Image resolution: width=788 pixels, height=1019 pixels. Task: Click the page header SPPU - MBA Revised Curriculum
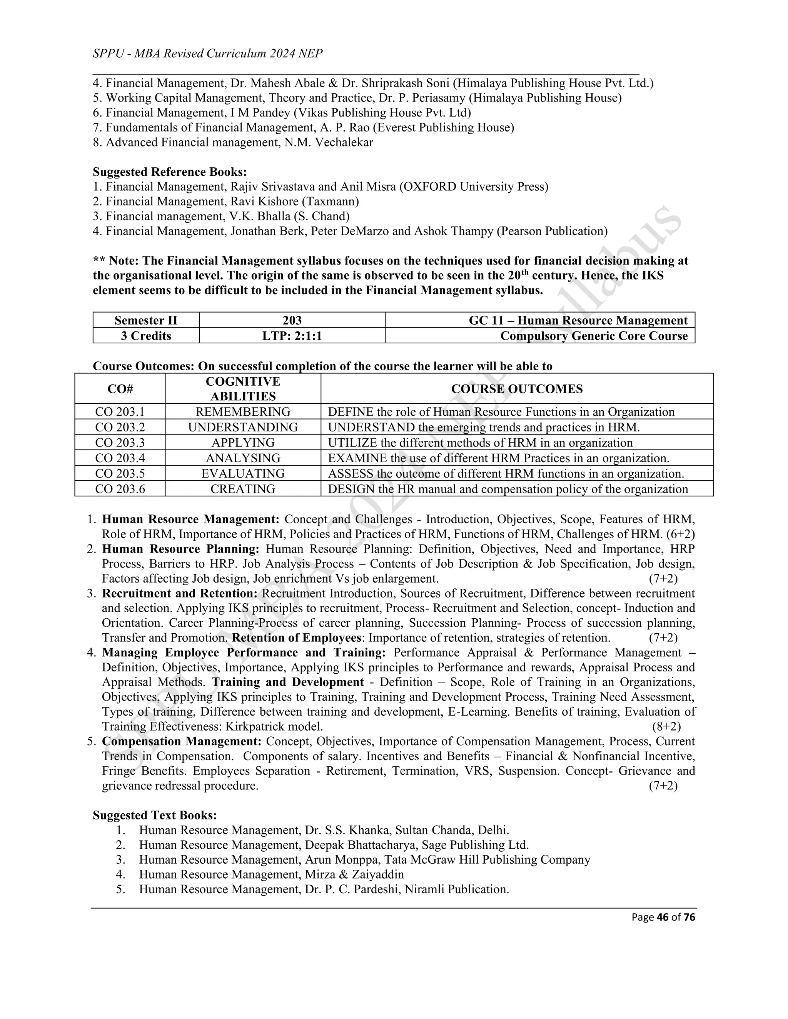pos(207,54)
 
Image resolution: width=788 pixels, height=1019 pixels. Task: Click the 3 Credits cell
pos(146,336)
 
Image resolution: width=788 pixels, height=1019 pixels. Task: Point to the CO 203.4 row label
pos(120,458)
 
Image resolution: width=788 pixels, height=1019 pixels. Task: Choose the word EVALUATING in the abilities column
pos(243,474)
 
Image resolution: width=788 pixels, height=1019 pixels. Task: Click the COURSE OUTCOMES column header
pos(517,389)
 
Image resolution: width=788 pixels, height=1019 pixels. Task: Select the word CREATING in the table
pos(243,489)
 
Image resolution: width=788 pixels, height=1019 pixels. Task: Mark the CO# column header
pos(120,389)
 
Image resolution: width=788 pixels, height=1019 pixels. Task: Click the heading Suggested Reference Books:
pos(169,172)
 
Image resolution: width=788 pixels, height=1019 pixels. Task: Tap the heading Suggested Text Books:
pos(155,815)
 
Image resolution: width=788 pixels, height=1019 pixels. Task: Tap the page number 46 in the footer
pos(663,917)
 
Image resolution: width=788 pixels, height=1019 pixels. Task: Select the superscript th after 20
pos(525,272)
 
